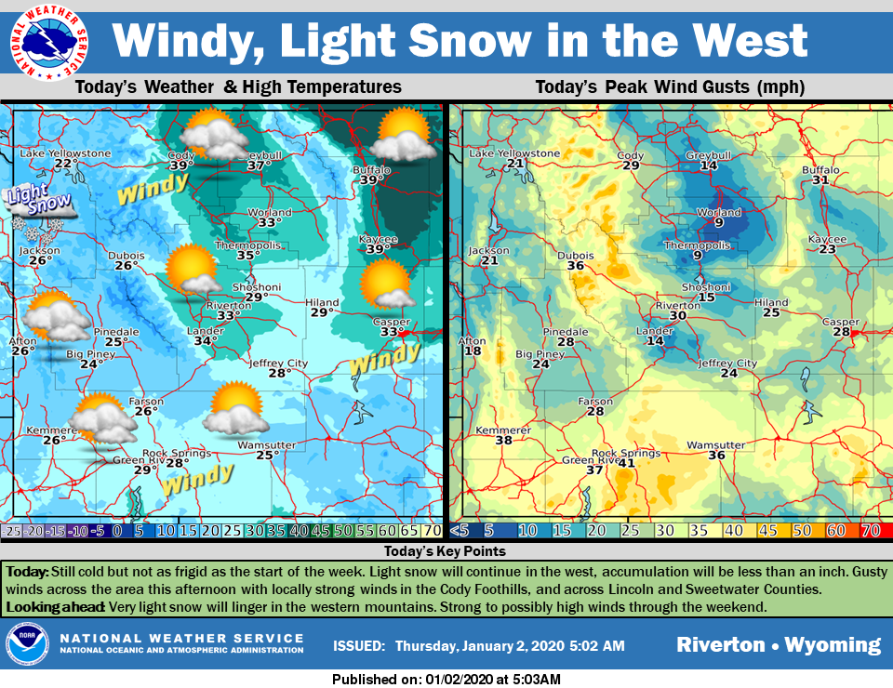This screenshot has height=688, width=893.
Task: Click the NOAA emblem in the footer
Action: click(x=27, y=643)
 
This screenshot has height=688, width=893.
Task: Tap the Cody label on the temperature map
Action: click(x=180, y=154)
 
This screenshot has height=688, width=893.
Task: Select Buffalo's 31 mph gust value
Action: click(x=820, y=180)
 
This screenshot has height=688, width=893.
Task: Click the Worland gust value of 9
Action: click(x=719, y=222)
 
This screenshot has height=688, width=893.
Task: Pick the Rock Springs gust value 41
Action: click(x=626, y=463)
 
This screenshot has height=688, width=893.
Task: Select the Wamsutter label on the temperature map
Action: click(x=266, y=444)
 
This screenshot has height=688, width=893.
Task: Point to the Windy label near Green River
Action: click(x=196, y=479)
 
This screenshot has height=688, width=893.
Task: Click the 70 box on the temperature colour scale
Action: click(x=431, y=531)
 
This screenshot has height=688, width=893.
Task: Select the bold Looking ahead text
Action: click(x=55, y=607)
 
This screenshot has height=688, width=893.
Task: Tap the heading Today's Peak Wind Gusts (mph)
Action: click(x=670, y=87)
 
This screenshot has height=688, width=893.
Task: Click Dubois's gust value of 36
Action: click(x=576, y=266)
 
